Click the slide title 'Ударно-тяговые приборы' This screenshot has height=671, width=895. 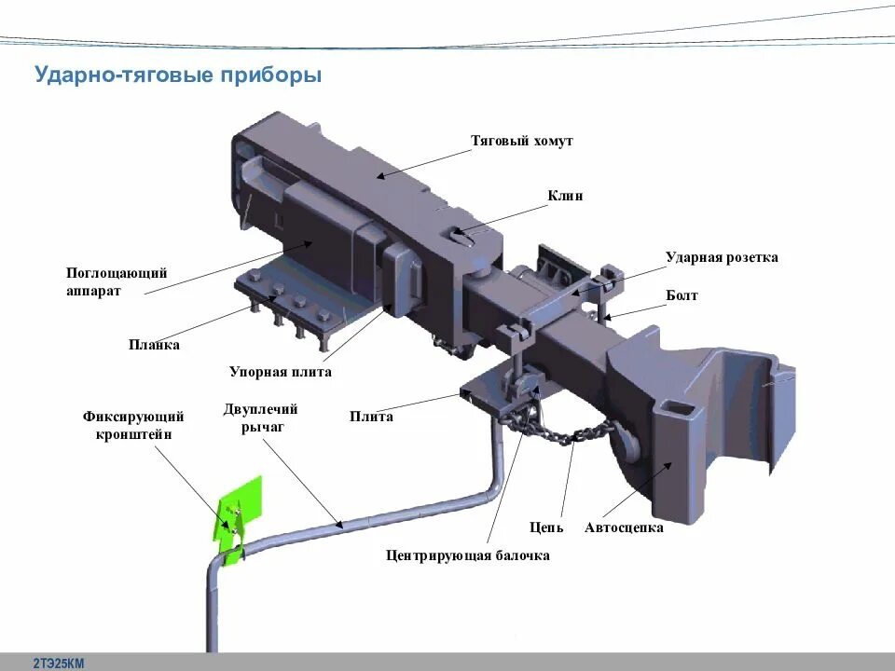pos(178,74)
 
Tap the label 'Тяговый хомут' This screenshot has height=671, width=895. pos(521,141)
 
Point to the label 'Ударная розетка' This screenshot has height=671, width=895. pos(721,257)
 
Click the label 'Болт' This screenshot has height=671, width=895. pos(682,295)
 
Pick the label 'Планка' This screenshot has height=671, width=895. pos(154,345)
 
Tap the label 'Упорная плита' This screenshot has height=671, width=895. pos(281,372)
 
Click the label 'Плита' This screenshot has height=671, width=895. pos(371,417)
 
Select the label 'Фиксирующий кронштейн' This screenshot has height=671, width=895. pos(133,425)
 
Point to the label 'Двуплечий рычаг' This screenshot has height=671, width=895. pos(260,418)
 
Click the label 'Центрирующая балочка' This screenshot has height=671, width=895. pos(468,555)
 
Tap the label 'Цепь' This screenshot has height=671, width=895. pos(546,527)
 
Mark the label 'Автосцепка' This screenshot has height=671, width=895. pos(624,527)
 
